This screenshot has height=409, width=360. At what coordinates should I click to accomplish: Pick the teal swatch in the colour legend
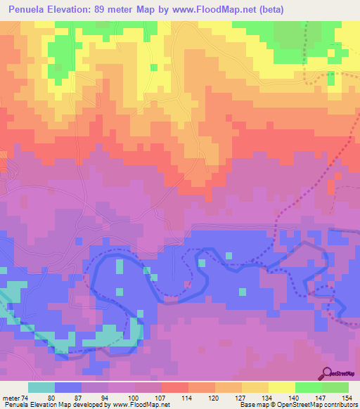click(41, 387)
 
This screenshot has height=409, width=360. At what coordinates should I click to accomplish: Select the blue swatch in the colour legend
click(67, 387)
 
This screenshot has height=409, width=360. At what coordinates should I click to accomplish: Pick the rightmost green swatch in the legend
click(335, 387)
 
